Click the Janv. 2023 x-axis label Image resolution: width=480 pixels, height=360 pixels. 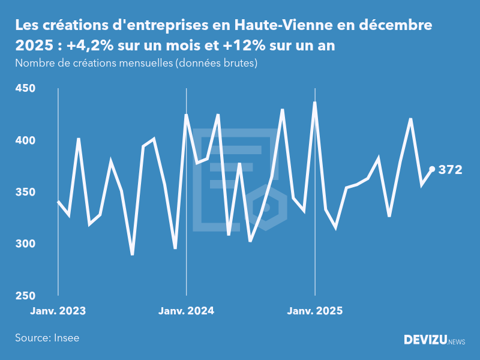[x=58, y=311]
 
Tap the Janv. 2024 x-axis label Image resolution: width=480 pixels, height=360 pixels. [x=187, y=311]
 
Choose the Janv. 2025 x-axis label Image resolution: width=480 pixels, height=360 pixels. [x=315, y=311]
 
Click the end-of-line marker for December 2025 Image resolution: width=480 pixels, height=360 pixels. [x=432, y=169]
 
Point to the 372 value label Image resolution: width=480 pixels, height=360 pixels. [x=450, y=170]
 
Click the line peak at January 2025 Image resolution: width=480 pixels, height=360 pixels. [x=315, y=103]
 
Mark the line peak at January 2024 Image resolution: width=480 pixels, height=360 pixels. [x=187, y=115]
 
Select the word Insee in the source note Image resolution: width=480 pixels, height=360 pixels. [x=66, y=338]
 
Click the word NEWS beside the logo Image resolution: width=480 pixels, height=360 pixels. [x=457, y=341]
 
